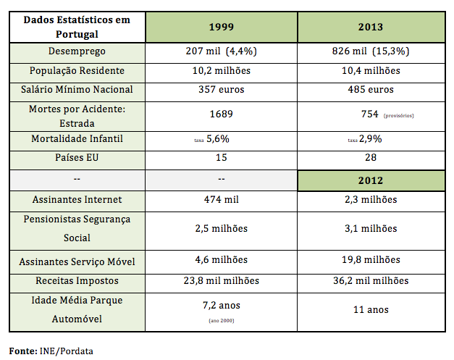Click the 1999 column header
tap(221, 27)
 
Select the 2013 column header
tap(370, 27)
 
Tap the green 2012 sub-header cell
tap(370, 180)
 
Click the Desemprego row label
tap(77, 52)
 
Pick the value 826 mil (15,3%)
tap(369, 52)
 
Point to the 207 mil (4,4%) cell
tap(221, 52)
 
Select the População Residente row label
tap(77, 71)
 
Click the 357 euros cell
tap(221, 90)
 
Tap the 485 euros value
tap(370, 90)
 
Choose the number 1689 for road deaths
tap(221, 114)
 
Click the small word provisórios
tap(398, 115)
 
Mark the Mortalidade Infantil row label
tap(77, 138)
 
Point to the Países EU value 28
tap(370, 157)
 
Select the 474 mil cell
tap(221, 199)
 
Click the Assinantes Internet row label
tap(77, 199)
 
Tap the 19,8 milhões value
tap(370, 259)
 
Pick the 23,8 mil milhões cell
tap(221, 280)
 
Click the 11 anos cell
tap(370, 309)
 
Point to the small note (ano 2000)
tap(221, 319)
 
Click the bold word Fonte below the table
tap(22, 351)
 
